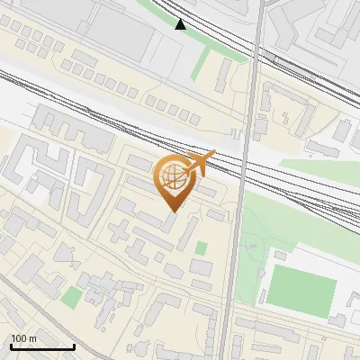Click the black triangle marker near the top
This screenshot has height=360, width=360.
click(181, 24)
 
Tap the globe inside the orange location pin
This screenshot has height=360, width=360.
click(171, 176)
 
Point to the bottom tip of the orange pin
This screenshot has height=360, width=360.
click(172, 211)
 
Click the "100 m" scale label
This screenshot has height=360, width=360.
click(23, 337)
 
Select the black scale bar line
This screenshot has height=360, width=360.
click(42, 346)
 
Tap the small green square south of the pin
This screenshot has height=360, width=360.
click(202, 247)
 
